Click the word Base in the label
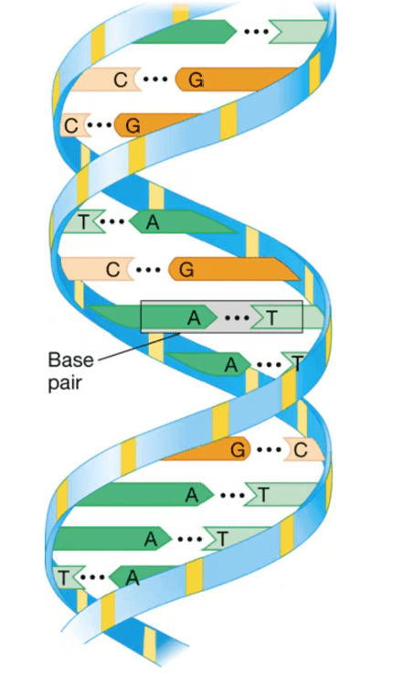click(70, 359)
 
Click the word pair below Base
click(65, 382)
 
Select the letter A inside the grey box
click(194, 318)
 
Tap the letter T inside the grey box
click(271, 318)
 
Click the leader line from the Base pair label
click(139, 346)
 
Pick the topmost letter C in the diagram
click(121, 80)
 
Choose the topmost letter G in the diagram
click(197, 80)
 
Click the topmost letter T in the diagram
click(83, 221)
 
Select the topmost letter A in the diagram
click(153, 222)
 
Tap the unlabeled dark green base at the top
click(184, 31)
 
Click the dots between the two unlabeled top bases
click(256, 31)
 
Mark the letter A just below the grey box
click(231, 365)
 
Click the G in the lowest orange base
click(238, 450)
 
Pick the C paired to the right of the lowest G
click(301, 450)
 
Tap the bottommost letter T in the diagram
click(63, 577)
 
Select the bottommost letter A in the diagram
click(133, 578)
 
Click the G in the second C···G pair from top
click(133, 125)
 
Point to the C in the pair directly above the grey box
click(112, 270)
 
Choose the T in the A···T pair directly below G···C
click(263, 495)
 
